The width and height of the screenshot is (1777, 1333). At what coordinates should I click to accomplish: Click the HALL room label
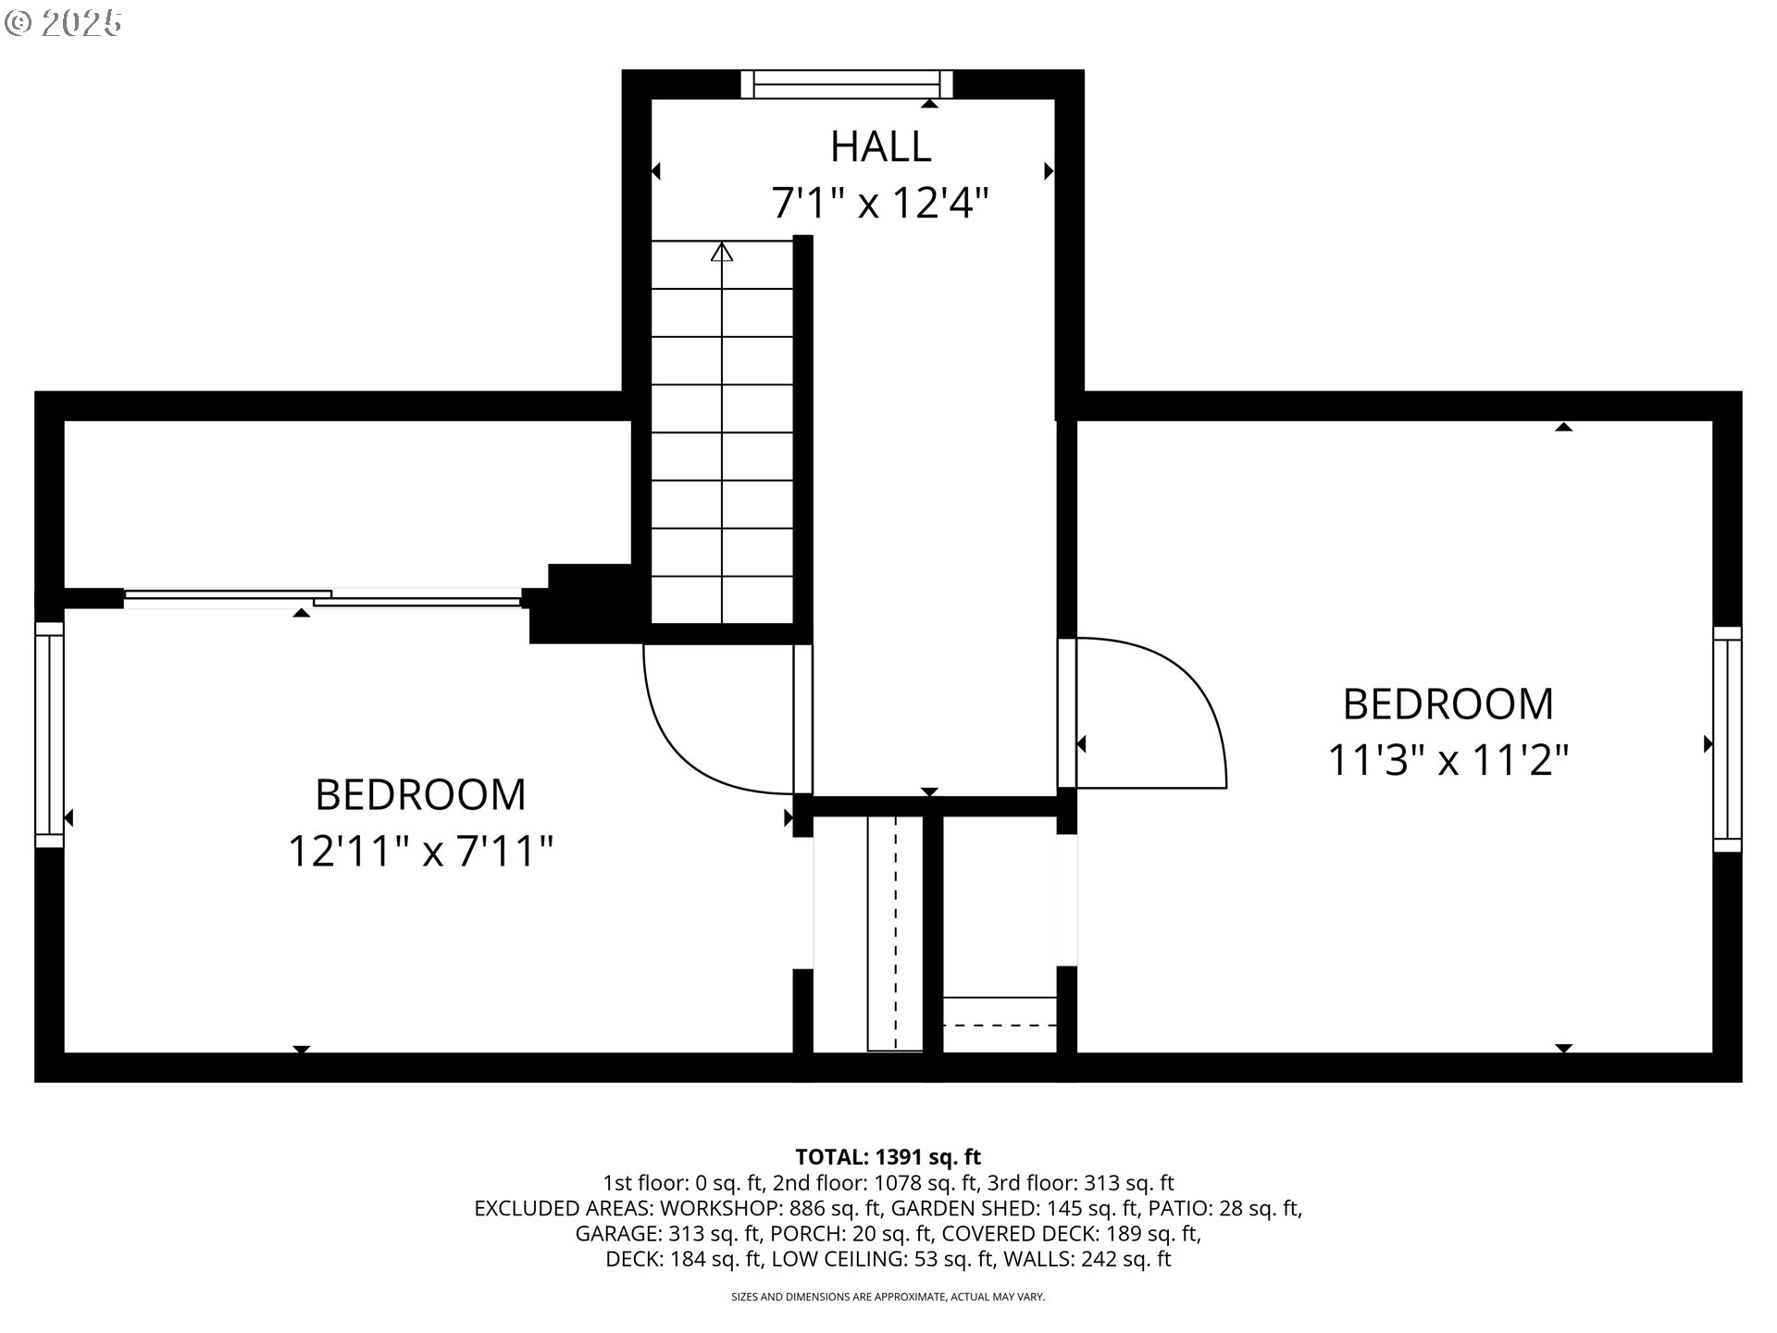tap(880, 146)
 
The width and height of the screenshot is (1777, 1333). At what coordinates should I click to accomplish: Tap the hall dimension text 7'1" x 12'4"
tap(880, 203)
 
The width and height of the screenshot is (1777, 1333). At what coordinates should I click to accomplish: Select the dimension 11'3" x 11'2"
tap(1448, 760)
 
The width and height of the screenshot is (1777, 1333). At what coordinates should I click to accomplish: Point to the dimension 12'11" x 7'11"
tap(420, 851)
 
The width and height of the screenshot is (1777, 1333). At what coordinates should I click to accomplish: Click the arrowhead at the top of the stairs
tap(722, 252)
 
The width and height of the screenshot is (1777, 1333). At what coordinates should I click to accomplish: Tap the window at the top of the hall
tap(847, 84)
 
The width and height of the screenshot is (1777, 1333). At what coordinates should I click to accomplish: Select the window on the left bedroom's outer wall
tap(49, 734)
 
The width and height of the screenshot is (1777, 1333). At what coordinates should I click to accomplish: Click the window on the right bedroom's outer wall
tap(1727, 739)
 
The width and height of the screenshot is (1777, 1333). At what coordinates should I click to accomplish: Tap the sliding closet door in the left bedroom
tap(322, 598)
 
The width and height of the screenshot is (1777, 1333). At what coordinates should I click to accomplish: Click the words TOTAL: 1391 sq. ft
tap(888, 1156)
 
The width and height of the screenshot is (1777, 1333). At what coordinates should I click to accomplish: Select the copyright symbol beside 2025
tap(17, 23)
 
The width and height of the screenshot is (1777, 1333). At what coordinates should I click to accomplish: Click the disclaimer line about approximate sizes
tap(888, 1297)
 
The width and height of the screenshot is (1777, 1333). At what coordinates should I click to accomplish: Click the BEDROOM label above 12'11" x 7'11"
tap(420, 794)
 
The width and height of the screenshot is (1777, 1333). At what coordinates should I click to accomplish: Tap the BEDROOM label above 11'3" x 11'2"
tap(1448, 704)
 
